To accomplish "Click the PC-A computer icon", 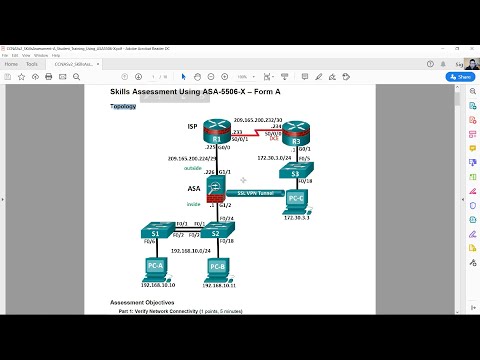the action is click(x=156, y=268).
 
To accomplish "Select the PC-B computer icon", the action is click(x=217, y=268).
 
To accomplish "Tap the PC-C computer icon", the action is click(x=298, y=198).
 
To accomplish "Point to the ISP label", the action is click(x=193, y=127).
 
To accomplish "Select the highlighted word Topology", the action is click(x=123, y=105).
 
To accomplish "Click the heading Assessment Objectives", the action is click(x=142, y=302).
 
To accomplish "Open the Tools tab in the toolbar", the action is click(x=32, y=63).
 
